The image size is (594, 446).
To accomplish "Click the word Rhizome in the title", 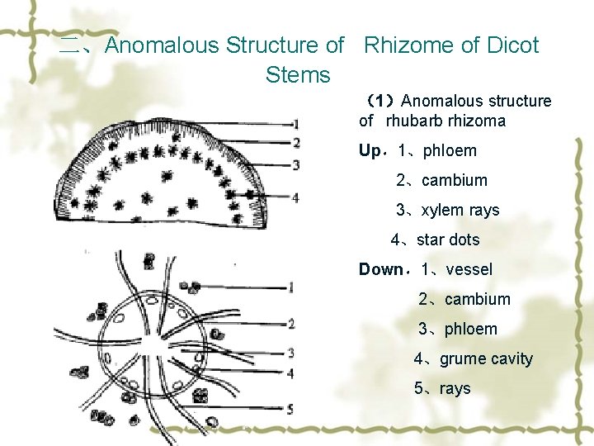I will (407, 45).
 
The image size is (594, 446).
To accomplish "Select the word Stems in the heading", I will (298, 75).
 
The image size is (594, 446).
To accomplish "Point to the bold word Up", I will (370, 151).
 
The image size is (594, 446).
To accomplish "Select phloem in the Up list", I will (449, 151).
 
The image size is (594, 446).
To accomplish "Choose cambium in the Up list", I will (454, 180).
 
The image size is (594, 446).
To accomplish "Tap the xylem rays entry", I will (460, 210).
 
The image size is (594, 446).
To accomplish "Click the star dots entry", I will (448, 240).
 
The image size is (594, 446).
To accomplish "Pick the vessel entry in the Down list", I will (468, 269).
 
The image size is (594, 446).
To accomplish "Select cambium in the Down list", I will (477, 299).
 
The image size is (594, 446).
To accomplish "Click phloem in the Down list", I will (471, 329).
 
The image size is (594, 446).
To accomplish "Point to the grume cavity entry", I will (486, 358).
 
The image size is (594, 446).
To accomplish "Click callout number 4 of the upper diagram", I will (295, 197).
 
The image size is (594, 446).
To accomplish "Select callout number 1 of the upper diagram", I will (295, 125).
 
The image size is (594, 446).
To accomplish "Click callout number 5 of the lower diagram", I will (290, 409).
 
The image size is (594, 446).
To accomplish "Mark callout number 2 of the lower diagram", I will (290, 323).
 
